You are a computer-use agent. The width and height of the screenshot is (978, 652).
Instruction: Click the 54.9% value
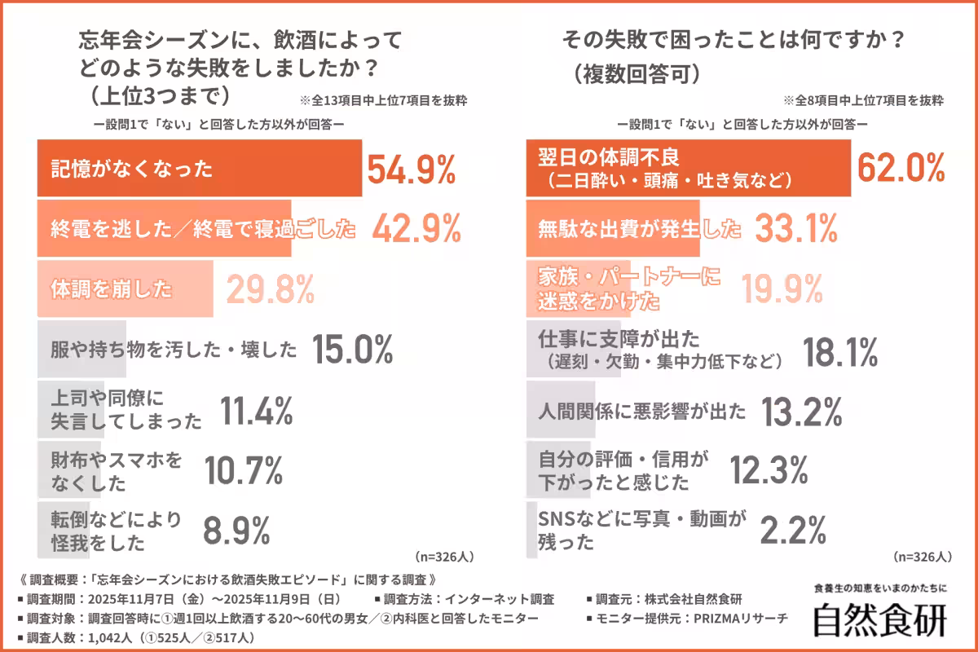[411, 170]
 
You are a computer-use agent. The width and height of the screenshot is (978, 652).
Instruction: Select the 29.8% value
[270, 289]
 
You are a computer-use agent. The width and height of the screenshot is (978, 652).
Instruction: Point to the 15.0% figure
[352, 350]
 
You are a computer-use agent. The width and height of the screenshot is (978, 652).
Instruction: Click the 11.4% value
[256, 410]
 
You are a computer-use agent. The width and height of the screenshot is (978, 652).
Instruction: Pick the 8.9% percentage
[236, 531]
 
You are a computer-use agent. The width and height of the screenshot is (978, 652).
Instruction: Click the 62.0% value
[901, 169]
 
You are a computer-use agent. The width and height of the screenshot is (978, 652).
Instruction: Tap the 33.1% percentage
[795, 229]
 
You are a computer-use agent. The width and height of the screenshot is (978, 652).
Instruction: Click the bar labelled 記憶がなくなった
[200, 170]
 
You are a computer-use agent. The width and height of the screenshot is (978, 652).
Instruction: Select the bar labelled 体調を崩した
[125, 289]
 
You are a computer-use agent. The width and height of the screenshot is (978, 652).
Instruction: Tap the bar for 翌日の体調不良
[688, 169]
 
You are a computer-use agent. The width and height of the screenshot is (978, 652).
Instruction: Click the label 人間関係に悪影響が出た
[642, 411]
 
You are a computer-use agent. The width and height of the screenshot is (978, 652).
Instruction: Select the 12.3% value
[769, 470]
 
